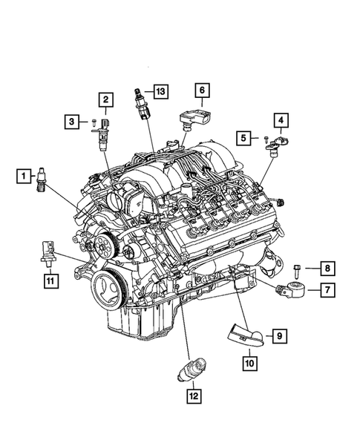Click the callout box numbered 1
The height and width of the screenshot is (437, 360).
(24, 176)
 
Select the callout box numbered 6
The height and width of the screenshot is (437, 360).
(202, 90)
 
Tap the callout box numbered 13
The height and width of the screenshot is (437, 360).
(161, 91)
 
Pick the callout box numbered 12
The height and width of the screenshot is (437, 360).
(194, 396)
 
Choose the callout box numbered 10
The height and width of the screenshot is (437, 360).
(250, 364)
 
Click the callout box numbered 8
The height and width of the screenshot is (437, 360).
(327, 269)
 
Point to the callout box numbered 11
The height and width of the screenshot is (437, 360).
(51, 280)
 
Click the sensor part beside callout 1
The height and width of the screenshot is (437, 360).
(41, 180)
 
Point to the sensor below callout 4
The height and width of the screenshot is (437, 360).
(277, 145)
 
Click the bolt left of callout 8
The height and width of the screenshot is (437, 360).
(297, 272)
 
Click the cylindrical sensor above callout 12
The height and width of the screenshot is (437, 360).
(192, 369)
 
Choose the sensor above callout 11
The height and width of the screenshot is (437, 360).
(48, 252)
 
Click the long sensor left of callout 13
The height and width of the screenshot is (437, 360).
(142, 104)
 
